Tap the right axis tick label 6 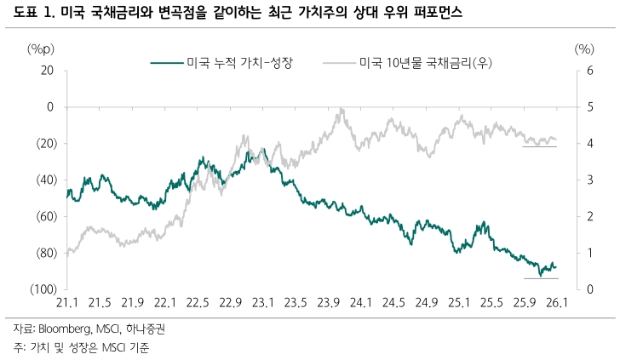(578, 71)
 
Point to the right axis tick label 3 (578, 180)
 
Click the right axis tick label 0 (578, 290)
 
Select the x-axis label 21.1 (67, 304)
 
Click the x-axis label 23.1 (263, 304)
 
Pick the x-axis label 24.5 (393, 304)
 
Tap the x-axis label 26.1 (557, 304)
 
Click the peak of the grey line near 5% (342, 109)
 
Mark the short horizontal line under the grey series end (540, 146)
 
